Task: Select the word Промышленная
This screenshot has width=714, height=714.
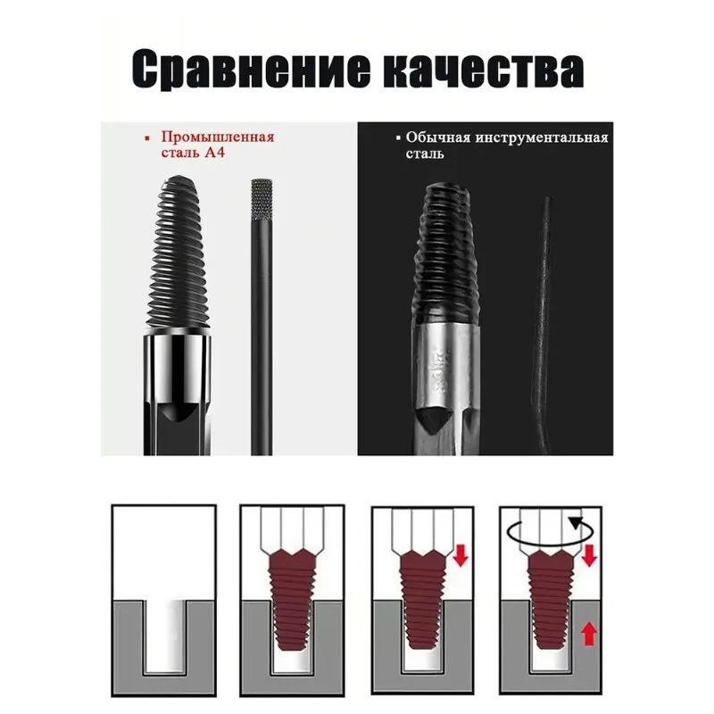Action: [x=217, y=138]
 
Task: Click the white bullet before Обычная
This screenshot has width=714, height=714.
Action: [x=398, y=139]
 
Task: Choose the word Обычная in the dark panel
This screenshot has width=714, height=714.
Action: [x=433, y=138]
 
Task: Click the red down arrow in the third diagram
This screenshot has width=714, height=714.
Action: [x=461, y=555]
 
